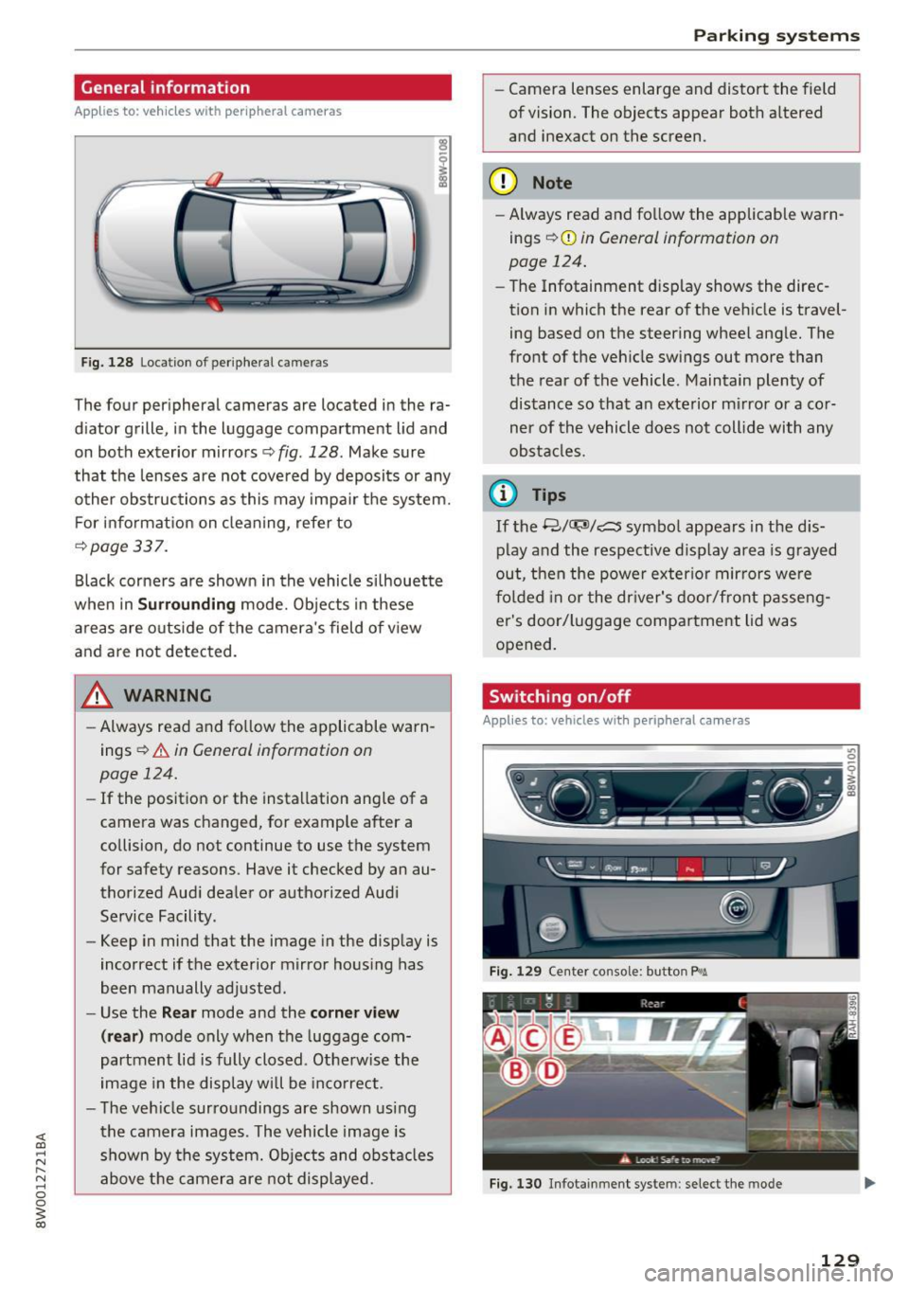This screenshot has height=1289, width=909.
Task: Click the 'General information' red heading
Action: [x=166, y=88]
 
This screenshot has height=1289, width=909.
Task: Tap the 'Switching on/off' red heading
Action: [x=560, y=697]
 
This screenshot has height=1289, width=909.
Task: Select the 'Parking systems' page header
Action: [x=775, y=36]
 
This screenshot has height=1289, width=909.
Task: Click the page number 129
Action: [x=839, y=1260]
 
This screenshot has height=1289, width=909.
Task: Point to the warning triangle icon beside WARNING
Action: [x=98, y=696]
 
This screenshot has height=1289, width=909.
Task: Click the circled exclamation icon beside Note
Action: [x=506, y=183]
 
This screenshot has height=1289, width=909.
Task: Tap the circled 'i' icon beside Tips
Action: [x=506, y=494]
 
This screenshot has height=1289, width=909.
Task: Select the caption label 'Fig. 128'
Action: [x=107, y=363]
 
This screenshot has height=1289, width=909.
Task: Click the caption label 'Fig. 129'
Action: [x=515, y=972]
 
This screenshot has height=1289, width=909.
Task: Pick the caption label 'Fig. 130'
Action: [x=515, y=1184]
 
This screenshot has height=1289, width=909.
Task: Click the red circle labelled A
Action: [x=497, y=1038]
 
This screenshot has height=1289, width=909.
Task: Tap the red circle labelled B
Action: [x=516, y=1071]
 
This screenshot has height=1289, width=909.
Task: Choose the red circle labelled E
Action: [x=567, y=1038]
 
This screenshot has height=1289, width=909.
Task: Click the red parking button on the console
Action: [x=689, y=867]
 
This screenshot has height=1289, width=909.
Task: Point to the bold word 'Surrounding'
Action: [x=187, y=604]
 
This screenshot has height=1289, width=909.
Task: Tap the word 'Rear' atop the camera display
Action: [x=652, y=1004]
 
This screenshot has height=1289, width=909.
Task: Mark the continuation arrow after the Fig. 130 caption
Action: [x=869, y=1183]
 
